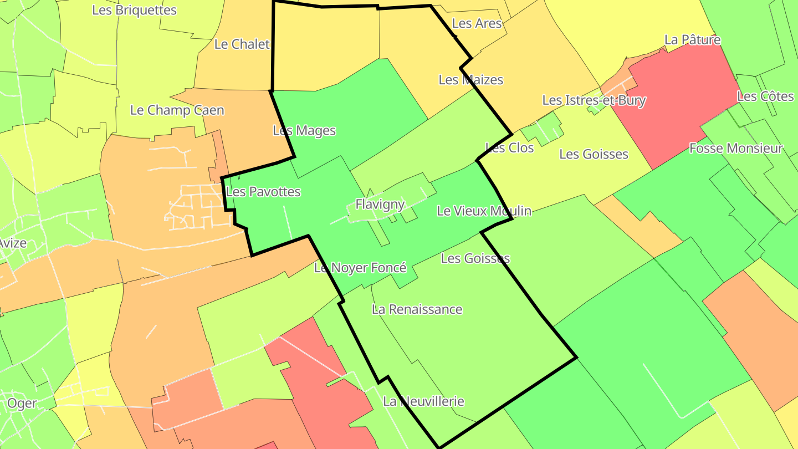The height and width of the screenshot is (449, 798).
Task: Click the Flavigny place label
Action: click(x=380, y=204)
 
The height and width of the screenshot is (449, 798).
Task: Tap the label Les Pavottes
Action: click(x=263, y=192)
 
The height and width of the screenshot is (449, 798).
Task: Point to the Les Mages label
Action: click(x=304, y=131)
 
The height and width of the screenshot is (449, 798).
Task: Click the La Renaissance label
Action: click(x=417, y=309)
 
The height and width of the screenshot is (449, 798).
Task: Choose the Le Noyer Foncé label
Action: click(x=360, y=268)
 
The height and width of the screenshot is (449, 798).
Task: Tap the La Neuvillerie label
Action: click(x=423, y=401)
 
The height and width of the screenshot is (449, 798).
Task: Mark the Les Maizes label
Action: click(x=471, y=80)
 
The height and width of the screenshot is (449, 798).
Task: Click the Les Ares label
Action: click(x=477, y=23)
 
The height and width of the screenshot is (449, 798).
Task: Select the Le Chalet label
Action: click(x=242, y=44)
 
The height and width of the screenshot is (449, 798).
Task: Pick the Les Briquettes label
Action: click(x=135, y=10)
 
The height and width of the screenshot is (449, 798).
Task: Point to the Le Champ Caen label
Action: click(x=177, y=110)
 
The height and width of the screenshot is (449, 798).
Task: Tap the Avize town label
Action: click(x=13, y=243)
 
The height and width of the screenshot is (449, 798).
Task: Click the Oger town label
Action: click(x=22, y=403)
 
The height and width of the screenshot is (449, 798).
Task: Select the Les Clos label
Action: click(x=509, y=147)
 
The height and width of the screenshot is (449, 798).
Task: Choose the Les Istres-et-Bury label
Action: click(x=594, y=100)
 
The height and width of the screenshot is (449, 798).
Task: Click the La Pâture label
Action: click(x=693, y=40)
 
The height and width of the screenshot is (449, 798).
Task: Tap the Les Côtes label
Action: click(x=765, y=96)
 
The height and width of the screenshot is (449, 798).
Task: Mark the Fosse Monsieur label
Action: click(x=736, y=149)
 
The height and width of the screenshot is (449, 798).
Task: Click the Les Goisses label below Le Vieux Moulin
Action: click(x=475, y=258)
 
